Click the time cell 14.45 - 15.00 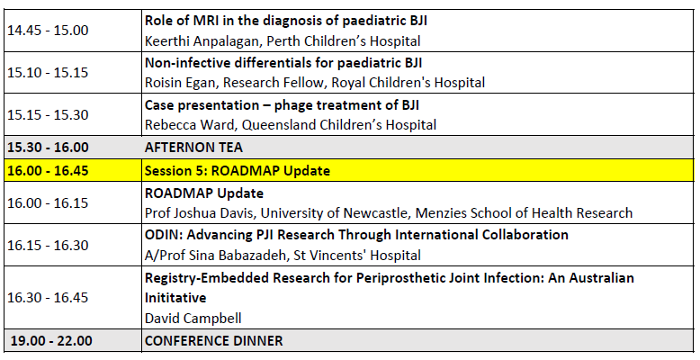48,31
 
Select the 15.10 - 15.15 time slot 48,72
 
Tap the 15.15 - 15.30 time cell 48,114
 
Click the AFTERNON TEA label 193,148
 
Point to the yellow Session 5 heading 237,171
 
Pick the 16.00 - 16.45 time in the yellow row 48,171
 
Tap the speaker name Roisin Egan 182,83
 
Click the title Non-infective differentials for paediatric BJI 283,62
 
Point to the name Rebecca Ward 189,124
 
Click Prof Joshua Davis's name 200,212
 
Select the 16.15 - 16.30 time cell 48,245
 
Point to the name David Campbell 193,319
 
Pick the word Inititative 175,298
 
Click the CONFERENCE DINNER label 213,341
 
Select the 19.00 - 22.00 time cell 51,341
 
